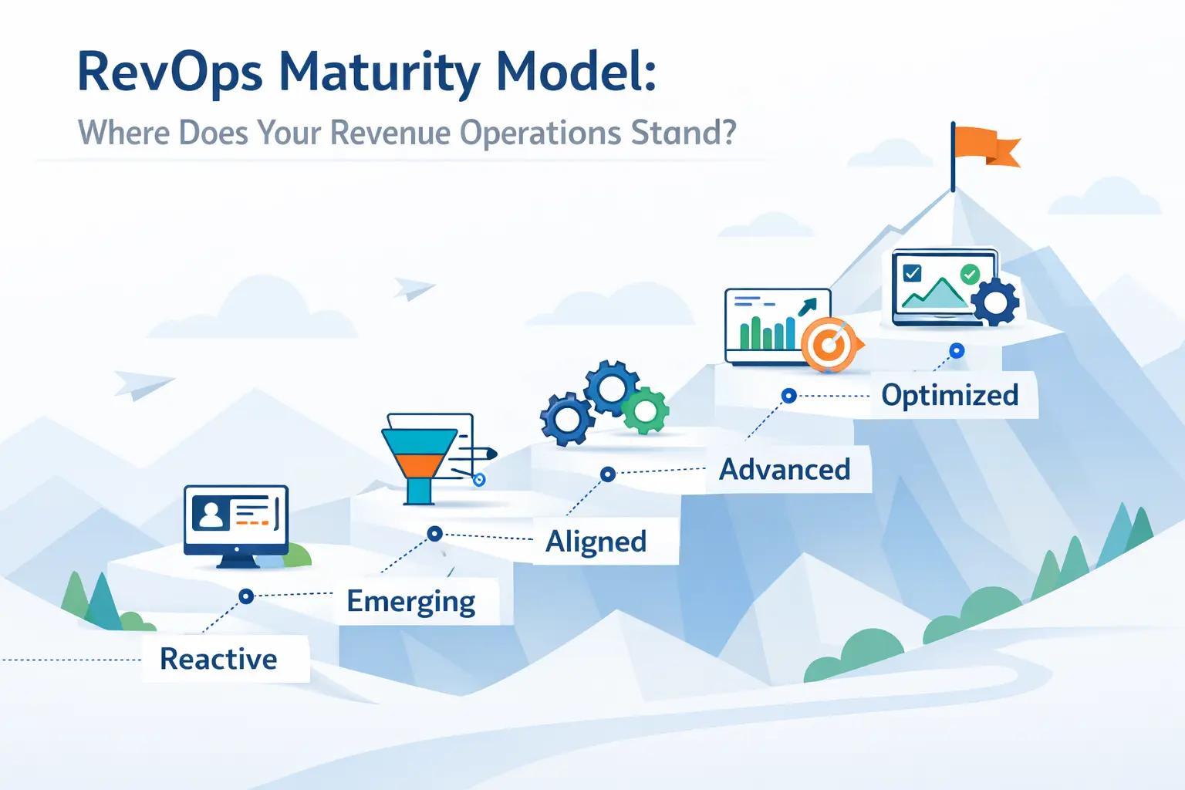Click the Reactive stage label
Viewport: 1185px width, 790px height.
218,660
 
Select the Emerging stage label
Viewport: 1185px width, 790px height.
410,602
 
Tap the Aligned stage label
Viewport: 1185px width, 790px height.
596,542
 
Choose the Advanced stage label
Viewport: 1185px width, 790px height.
785,469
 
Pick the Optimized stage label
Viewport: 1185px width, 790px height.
950,395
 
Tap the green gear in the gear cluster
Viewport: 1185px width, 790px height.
645,410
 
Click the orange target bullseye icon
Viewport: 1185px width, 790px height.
829,345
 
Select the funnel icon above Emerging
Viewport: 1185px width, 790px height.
419,461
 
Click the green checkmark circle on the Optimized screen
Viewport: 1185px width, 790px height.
970,274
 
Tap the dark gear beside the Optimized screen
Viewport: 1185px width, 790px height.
995,302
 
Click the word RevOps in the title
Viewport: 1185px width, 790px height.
170,73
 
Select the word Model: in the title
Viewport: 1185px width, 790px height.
576,72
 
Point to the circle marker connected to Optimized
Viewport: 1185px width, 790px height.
957,351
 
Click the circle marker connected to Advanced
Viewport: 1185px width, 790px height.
788,396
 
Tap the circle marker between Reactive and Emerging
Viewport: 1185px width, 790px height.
246,596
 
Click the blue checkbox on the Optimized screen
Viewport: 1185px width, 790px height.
912,273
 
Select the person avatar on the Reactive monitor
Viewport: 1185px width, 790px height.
211,512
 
